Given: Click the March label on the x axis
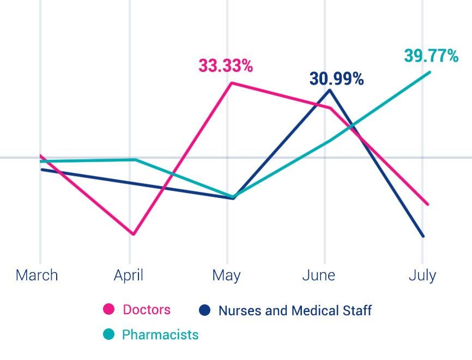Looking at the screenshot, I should click(x=37, y=275).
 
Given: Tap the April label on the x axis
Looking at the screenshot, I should click(x=129, y=275).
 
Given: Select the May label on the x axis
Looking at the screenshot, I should click(x=226, y=275).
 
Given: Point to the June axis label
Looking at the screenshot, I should click(x=319, y=275).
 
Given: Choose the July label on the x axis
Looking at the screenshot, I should click(x=422, y=275).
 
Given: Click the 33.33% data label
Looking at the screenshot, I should click(x=226, y=66).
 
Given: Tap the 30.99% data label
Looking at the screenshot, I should click(x=336, y=79).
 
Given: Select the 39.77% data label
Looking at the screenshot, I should click(x=431, y=55).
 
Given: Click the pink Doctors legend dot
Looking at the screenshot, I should click(x=109, y=310).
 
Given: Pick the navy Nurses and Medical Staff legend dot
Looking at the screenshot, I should click(x=205, y=310).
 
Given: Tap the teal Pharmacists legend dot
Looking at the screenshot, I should click(x=109, y=334).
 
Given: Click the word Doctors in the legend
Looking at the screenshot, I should click(x=147, y=310).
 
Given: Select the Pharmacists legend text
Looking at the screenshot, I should click(x=160, y=334).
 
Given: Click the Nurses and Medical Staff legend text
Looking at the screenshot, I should click(x=295, y=310).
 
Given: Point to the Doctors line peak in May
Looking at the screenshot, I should click(x=232, y=83).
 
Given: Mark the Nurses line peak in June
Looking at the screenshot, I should click(x=329, y=89).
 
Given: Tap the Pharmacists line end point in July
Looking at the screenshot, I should click(x=430, y=72).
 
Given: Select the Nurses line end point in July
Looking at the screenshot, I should click(x=423, y=236).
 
